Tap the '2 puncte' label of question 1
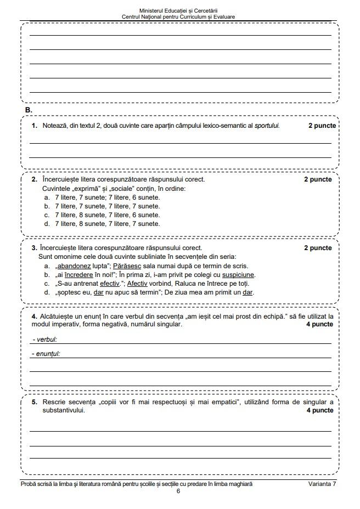click(x=322, y=126)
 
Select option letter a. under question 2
click(x=47, y=197)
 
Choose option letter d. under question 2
click(x=47, y=224)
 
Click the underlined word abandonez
click(x=74, y=266)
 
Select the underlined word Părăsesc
click(x=127, y=266)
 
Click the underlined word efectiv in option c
click(x=110, y=284)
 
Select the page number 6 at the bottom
click(x=178, y=491)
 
